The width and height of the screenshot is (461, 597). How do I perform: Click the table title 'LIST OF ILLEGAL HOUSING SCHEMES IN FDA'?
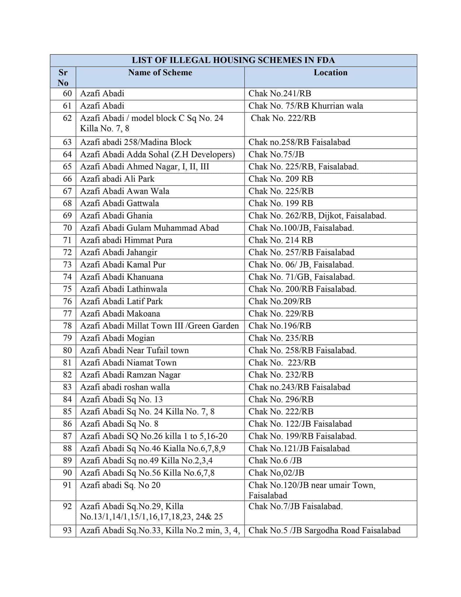[233, 60]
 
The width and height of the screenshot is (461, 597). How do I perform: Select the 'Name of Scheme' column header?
[160, 73]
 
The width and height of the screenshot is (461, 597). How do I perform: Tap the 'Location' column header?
[330, 73]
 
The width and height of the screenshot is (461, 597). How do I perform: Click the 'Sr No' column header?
[63, 78]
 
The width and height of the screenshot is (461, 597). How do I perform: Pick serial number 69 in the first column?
[67, 216]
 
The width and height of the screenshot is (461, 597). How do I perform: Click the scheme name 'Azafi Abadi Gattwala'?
[119, 203]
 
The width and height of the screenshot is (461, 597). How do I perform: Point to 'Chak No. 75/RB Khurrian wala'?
[305, 106]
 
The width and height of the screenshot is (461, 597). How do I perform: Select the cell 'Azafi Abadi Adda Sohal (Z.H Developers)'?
[157, 154]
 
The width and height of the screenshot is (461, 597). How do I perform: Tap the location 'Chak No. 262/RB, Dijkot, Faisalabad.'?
[317, 216]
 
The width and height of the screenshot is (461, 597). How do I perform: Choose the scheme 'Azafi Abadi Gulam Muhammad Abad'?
[149, 228]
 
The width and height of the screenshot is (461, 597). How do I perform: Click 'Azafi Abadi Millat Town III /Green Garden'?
[159, 326]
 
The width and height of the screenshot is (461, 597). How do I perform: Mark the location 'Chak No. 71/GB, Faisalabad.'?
[301, 277]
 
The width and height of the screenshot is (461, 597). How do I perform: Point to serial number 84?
[67, 399]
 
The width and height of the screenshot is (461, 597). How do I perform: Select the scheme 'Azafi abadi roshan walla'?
[125, 387]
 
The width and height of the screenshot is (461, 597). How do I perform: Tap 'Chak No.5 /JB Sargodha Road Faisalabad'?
[324, 530]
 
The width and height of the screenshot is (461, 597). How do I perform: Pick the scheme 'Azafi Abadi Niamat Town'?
[128, 363]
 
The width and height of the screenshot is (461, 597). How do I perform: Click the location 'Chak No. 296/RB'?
[281, 399]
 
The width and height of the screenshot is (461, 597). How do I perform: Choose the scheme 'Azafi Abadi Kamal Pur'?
[123, 265]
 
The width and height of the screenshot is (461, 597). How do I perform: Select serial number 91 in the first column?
[67, 485]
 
